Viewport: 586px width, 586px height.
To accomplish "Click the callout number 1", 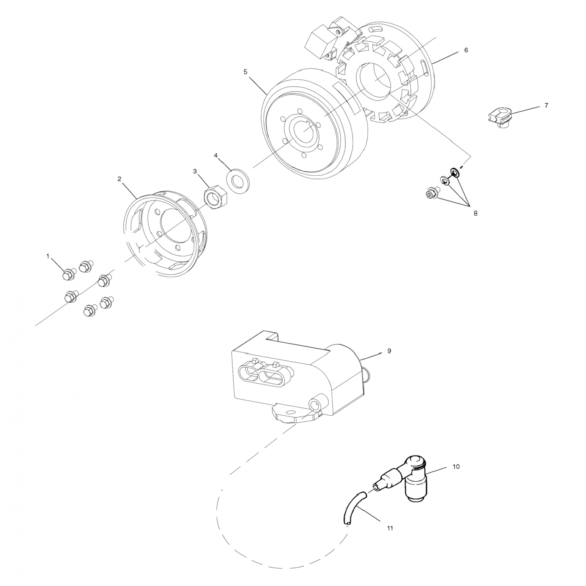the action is point(48,256).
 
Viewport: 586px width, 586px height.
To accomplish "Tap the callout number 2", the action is point(120,179).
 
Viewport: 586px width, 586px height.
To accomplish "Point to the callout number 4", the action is point(216,155).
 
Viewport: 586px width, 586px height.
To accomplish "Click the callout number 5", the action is point(245,72).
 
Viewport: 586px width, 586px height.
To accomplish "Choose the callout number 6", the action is point(466,50).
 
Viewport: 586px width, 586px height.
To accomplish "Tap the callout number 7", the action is point(546,105).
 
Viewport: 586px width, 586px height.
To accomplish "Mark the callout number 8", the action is point(475,214).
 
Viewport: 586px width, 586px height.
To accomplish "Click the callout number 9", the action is point(389,351).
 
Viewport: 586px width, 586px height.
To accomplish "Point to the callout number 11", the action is point(389,528).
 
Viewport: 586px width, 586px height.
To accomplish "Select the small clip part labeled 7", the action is point(500,118).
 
